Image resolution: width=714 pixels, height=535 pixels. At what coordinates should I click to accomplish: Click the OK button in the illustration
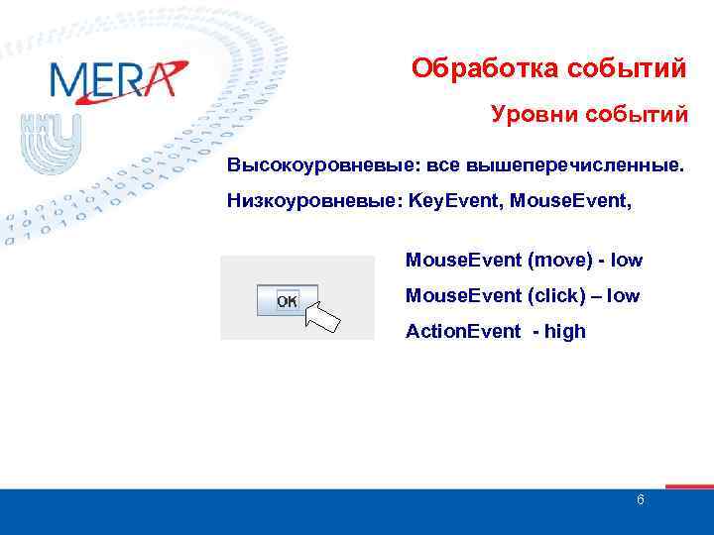click(x=287, y=300)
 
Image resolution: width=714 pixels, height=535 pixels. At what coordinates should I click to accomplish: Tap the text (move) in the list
click(x=561, y=261)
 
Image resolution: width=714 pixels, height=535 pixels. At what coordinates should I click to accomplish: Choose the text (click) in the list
click(x=560, y=295)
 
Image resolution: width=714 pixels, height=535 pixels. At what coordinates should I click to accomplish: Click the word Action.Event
click(x=462, y=331)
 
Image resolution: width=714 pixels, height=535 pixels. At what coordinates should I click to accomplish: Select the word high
click(x=565, y=331)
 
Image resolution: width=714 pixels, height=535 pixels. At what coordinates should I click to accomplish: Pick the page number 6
click(x=640, y=500)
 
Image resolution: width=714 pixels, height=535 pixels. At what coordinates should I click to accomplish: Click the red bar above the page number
click(x=688, y=486)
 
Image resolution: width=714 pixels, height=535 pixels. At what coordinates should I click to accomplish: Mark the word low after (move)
click(x=628, y=261)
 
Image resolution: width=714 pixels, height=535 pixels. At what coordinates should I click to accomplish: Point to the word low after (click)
click(x=625, y=295)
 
